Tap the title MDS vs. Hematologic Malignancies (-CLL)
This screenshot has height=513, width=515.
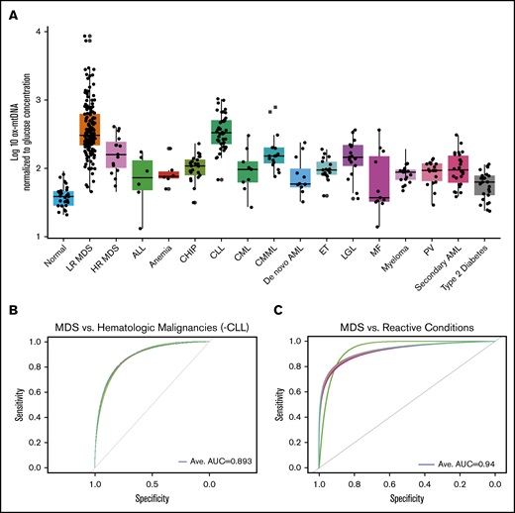click(149, 328)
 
